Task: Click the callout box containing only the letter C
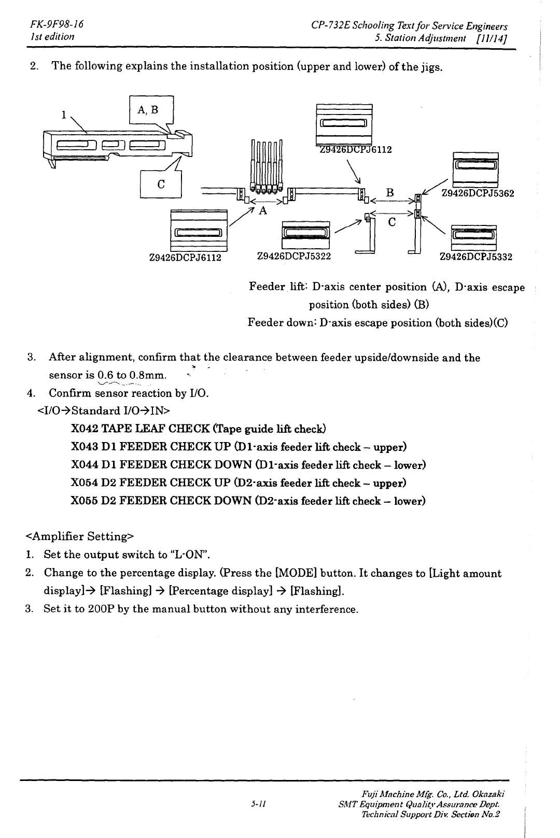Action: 161,183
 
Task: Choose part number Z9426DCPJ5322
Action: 294,255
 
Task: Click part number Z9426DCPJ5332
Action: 475,257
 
